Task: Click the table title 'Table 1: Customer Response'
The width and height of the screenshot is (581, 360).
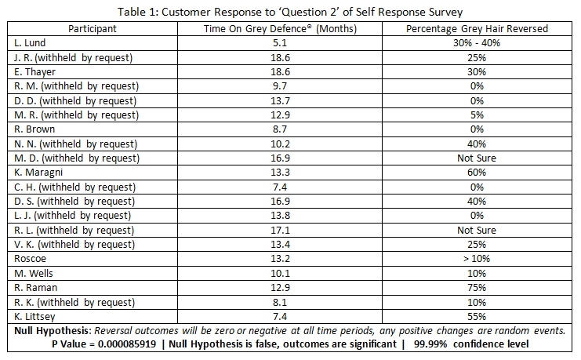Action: click(x=290, y=11)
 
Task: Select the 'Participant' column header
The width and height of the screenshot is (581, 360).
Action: click(x=92, y=28)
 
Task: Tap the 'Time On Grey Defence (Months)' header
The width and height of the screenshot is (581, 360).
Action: click(x=280, y=28)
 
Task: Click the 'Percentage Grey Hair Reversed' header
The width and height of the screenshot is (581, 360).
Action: click(x=476, y=28)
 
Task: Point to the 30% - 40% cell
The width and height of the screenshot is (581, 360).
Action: click(x=476, y=42)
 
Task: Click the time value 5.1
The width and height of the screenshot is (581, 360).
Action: click(x=280, y=42)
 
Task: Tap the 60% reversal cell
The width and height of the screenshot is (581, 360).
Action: click(x=476, y=173)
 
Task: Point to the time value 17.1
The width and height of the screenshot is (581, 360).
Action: click(x=280, y=230)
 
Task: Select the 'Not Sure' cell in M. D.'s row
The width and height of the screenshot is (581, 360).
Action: click(x=476, y=158)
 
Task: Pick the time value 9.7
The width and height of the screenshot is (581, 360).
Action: click(x=280, y=85)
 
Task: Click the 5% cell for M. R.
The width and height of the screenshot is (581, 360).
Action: click(x=476, y=115)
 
